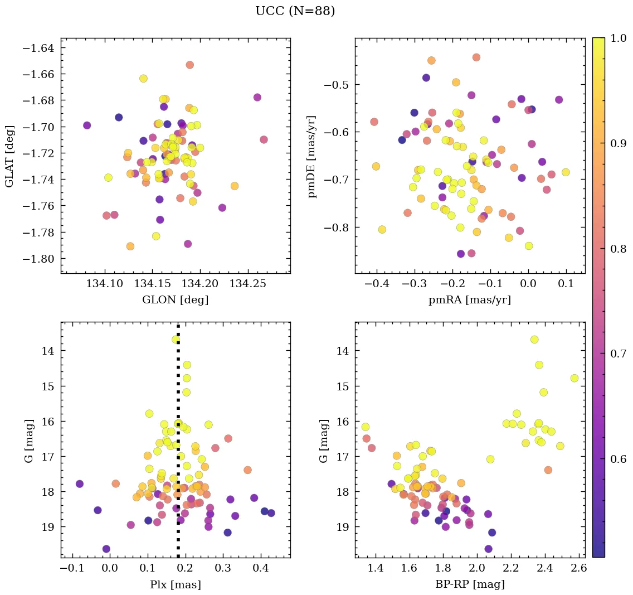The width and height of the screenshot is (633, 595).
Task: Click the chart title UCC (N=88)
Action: tap(295, 11)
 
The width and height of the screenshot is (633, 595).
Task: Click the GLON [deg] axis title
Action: tap(175, 300)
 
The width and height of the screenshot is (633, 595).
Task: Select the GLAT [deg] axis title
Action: tap(9, 156)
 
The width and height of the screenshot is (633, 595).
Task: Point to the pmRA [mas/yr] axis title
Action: tap(469, 300)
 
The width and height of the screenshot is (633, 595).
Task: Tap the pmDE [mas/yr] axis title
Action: tap(313, 156)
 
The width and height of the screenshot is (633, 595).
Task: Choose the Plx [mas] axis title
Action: tap(175, 584)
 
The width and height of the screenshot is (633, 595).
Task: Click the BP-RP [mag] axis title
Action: tap(469, 584)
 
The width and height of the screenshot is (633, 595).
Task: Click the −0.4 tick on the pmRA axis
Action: tap(376, 284)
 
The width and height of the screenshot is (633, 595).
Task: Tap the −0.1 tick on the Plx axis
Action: tap(71, 568)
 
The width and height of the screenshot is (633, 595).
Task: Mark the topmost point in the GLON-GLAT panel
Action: tap(190, 65)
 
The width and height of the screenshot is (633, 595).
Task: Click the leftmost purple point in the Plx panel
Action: tap(80, 483)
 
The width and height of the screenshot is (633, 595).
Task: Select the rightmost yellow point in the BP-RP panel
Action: tap(574, 378)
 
